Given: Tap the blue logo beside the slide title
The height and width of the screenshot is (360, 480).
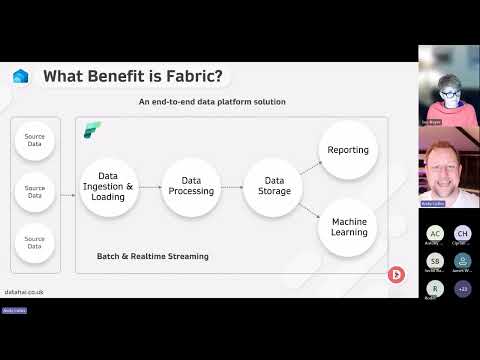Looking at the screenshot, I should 21,76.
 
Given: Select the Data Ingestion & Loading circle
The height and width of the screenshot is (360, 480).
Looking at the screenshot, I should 108,186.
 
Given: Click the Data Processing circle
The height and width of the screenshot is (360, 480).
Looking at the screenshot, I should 190,186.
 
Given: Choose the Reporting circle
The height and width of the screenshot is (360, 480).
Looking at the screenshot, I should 348,150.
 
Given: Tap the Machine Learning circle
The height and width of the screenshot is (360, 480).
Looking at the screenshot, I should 348,226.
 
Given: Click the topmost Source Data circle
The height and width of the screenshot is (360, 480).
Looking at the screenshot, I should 35,140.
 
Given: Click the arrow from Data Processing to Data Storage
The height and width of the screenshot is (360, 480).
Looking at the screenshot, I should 230,187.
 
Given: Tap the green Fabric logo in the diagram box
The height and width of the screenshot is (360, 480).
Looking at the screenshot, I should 92,130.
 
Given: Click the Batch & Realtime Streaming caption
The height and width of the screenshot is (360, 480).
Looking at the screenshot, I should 152,256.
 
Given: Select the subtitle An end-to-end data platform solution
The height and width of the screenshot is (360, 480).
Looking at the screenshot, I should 212,102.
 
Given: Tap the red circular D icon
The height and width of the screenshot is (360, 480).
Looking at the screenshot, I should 396,274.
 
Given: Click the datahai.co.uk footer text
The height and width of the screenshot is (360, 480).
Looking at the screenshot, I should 24,292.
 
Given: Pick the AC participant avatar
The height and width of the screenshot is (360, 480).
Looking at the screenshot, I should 435,233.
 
